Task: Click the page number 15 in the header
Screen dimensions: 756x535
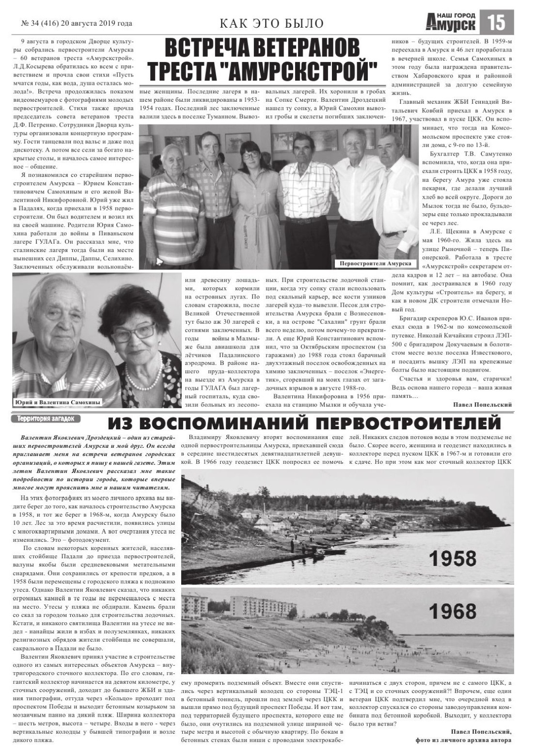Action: tap(496, 22)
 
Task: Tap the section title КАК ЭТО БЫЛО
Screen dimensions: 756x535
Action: tap(271, 23)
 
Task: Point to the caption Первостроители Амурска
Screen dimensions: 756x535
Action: tap(376, 263)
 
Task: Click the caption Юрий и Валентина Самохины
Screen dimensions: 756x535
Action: tap(57, 402)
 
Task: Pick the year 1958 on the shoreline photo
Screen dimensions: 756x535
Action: tap(453, 558)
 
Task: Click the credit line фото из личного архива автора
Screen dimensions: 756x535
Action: tap(463, 740)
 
